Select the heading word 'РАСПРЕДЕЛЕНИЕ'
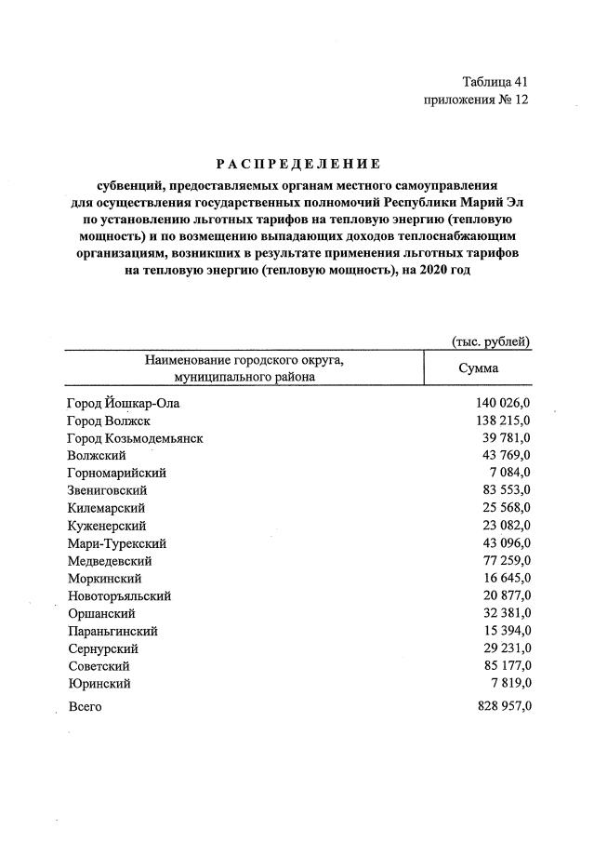pyautogui.click(x=297, y=165)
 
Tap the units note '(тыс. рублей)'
pyautogui.click(x=490, y=341)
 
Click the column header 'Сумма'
pyautogui.click(x=478, y=368)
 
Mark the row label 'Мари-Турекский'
pyautogui.click(x=117, y=543)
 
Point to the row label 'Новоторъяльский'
pyautogui.click(x=119, y=595)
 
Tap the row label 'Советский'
pyautogui.click(x=99, y=666)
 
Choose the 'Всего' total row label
pyautogui.click(x=86, y=708)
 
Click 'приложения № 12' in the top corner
pyautogui.click(x=475, y=100)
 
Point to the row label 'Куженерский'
pyautogui.click(x=106, y=526)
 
